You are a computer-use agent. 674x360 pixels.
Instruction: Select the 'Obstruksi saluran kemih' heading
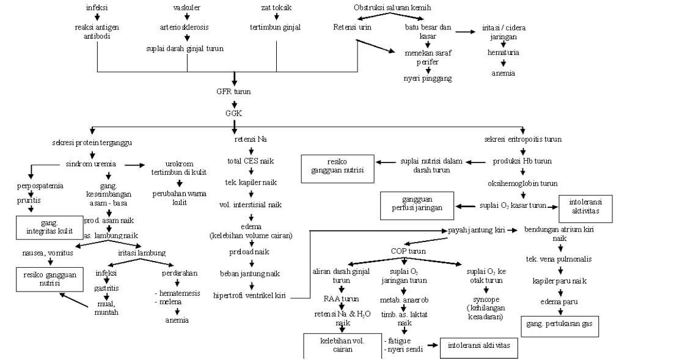(x=392, y=7)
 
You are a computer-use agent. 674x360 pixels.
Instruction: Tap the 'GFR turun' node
(x=233, y=92)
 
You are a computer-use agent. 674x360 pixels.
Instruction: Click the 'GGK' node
(x=233, y=113)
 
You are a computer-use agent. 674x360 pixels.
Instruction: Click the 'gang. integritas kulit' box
(x=48, y=227)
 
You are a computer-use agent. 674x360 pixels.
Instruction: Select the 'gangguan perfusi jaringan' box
(x=417, y=205)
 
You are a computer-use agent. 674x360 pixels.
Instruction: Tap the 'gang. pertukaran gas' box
(x=560, y=323)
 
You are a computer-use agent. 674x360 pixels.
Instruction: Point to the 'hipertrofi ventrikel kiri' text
(x=251, y=296)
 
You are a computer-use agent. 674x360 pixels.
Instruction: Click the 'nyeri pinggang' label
(x=428, y=78)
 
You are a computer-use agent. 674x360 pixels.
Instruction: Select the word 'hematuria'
(x=503, y=53)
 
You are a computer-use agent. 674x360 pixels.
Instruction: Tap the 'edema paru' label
(x=559, y=301)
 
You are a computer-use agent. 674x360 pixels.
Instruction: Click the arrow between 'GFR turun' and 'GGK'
(x=233, y=103)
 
